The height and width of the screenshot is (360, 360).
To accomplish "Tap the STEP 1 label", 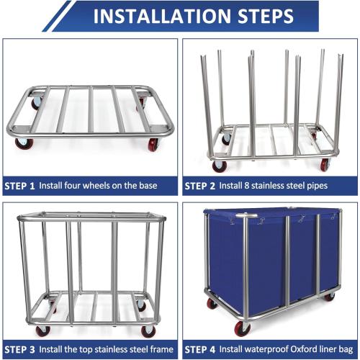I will coord(19,186).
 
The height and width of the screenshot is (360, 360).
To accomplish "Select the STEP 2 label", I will coord(199,186).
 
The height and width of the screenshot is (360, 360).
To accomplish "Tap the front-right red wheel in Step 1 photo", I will coord(152,145).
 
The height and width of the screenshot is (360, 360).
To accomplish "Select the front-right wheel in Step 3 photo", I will coord(149,330).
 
